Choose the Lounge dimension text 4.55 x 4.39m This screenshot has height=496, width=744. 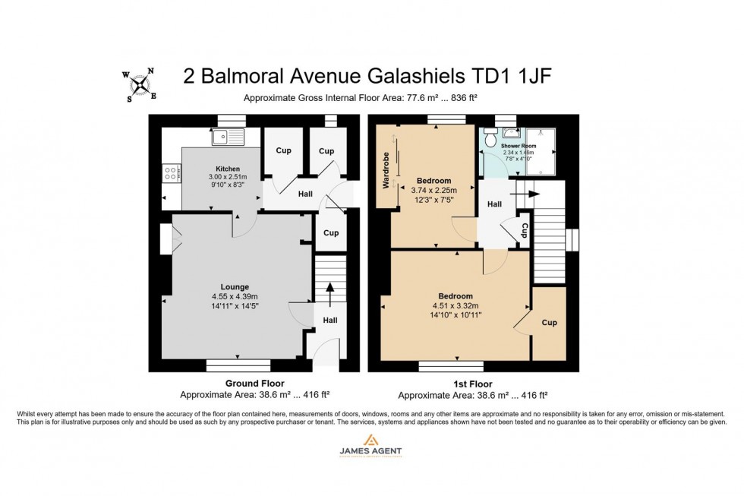point(235,297)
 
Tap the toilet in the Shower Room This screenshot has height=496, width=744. point(490,138)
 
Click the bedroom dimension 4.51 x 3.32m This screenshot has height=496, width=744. point(456,305)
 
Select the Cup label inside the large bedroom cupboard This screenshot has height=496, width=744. point(549,323)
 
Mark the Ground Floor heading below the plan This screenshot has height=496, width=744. point(255,384)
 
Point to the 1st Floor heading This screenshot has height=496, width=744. point(472,384)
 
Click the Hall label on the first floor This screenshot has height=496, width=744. point(494,204)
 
